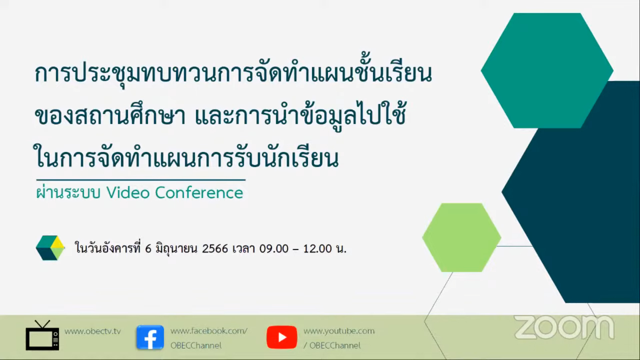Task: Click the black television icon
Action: (43, 336)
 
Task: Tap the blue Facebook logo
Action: (150, 337)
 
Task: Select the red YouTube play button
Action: (282, 337)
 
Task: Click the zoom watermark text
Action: (564, 327)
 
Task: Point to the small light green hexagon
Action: (462, 238)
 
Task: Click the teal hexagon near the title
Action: (547, 71)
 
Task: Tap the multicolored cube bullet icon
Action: (50, 248)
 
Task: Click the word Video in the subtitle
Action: (128, 193)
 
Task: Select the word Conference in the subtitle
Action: (199, 193)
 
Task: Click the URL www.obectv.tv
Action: (93, 331)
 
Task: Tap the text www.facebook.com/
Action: (209, 331)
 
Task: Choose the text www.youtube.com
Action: (339, 331)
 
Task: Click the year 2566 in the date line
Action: (215, 249)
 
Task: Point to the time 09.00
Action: (274, 249)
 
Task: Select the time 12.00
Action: (317, 249)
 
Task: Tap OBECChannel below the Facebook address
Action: (196, 346)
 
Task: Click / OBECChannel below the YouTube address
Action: (332, 346)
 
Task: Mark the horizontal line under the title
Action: (141, 180)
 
